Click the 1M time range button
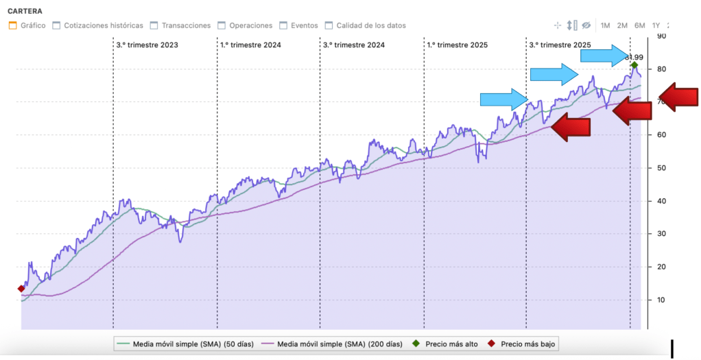pyautogui.click(x=606, y=25)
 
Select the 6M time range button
pyautogui.click(x=639, y=25)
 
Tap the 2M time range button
pyautogui.click(x=622, y=25)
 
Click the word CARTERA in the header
pyautogui.click(x=25, y=11)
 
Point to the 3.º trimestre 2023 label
pyautogui.click(x=147, y=45)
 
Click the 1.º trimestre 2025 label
pyautogui.click(x=457, y=45)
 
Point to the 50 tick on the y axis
pyautogui.click(x=662, y=168)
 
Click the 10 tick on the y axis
pyautogui.click(x=662, y=300)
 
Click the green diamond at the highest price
pyautogui.click(x=634, y=66)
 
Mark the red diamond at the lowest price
pyautogui.click(x=21, y=289)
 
